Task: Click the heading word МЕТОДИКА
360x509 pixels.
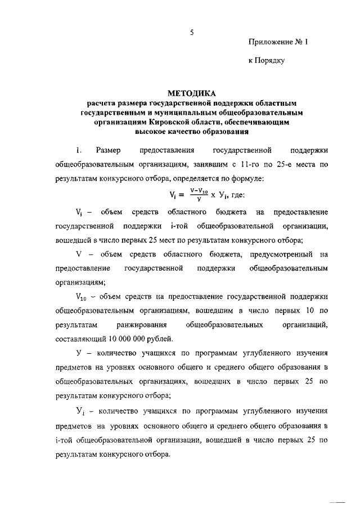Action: click(191, 93)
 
